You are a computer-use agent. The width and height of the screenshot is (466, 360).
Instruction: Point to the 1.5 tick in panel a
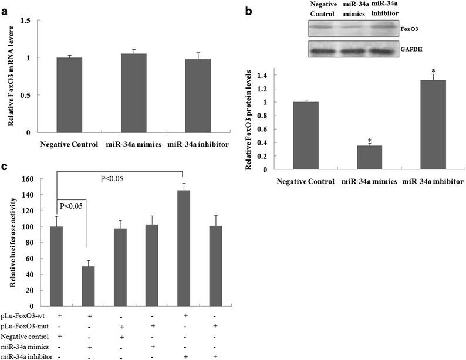click(x=26, y=21)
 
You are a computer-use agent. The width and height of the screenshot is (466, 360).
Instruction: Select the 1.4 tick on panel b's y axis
click(x=268, y=75)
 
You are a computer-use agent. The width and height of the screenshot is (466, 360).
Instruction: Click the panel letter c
click(x=5, y=168)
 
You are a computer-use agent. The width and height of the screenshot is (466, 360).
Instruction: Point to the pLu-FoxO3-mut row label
click(x=23, y=326)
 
